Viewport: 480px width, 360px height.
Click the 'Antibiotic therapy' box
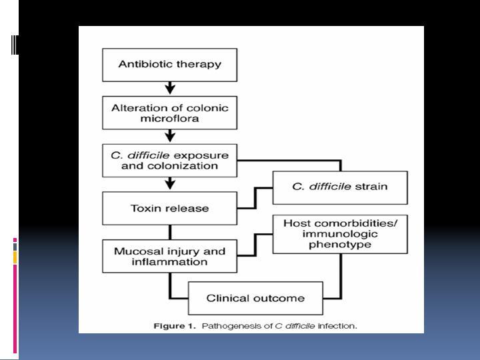(x=169, y=65)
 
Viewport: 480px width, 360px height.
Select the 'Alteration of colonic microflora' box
(x=169, y=113)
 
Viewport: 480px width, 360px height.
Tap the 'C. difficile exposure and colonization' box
(x=169, y=161)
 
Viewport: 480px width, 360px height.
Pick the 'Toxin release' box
(x=169, y=208)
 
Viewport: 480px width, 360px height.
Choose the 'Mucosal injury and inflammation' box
(x=169, y=256)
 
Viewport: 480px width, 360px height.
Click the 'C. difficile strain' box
(x=340, y=187)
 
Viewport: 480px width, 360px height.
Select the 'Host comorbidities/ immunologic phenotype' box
(x=340, y=234)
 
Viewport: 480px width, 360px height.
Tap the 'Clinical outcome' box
(x=255, y=298)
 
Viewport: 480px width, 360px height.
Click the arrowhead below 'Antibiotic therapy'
(x=170, y=89)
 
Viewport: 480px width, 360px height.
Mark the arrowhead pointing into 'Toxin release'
(x=170, y=185)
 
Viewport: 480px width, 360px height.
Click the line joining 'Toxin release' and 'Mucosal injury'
(x=170, y=233)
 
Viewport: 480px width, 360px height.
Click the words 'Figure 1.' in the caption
(x=174, y=326)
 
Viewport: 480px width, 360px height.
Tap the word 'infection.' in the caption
(x=337, y=326)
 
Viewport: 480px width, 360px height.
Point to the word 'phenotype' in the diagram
(x=340, y=245)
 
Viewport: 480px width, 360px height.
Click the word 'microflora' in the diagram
(x=169, y=119)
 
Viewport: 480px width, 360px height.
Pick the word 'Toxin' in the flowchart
(x=142, y=209)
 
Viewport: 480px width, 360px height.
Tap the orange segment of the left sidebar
(x=15, y=257)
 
